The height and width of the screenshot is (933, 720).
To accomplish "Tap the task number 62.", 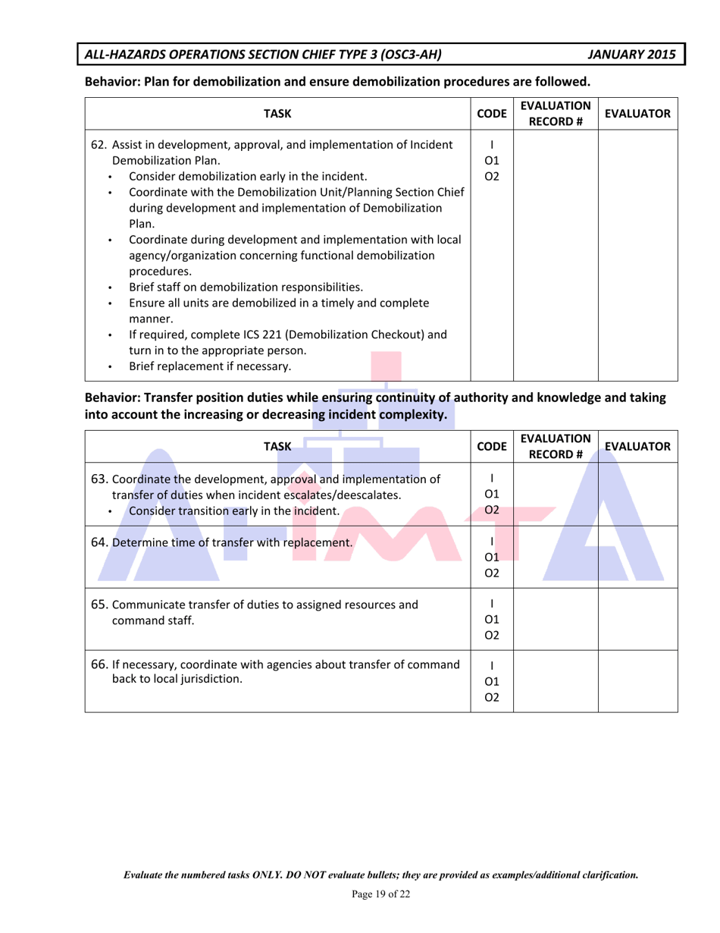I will point(99,144).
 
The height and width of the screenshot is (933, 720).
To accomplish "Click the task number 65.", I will point(100,605).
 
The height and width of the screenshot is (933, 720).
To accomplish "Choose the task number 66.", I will point(100,664).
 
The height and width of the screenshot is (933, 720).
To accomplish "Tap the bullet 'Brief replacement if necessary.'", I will point(210,367).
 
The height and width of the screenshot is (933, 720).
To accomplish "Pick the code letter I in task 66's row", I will point(492,664).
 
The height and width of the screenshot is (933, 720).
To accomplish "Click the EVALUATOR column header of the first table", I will point(637,115).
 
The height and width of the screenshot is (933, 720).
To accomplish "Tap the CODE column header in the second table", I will point(492,448).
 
